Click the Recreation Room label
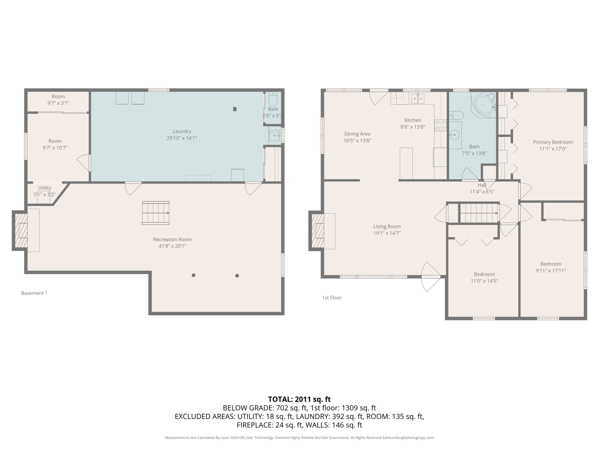tap(172, 239)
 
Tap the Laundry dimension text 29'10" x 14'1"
tap(182, 138)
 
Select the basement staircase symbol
tap(156, 213)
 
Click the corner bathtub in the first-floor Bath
tap(483, 105)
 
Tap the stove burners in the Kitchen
tap(440, 125)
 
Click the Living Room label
tap(387, 226)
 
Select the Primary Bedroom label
tap(552, 142)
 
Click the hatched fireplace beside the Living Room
tap(318, 231)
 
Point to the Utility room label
tap(44, 188)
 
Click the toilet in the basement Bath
tap(273, 100)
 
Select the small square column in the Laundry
tap(235, 109)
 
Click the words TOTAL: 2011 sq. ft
tap(299, 399)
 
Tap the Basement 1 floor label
tap(34, 293)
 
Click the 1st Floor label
tap(332, 298)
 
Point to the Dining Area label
tap(357, 134)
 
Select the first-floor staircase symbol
tap(479, 213)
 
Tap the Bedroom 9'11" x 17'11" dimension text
tap(550, 271)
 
